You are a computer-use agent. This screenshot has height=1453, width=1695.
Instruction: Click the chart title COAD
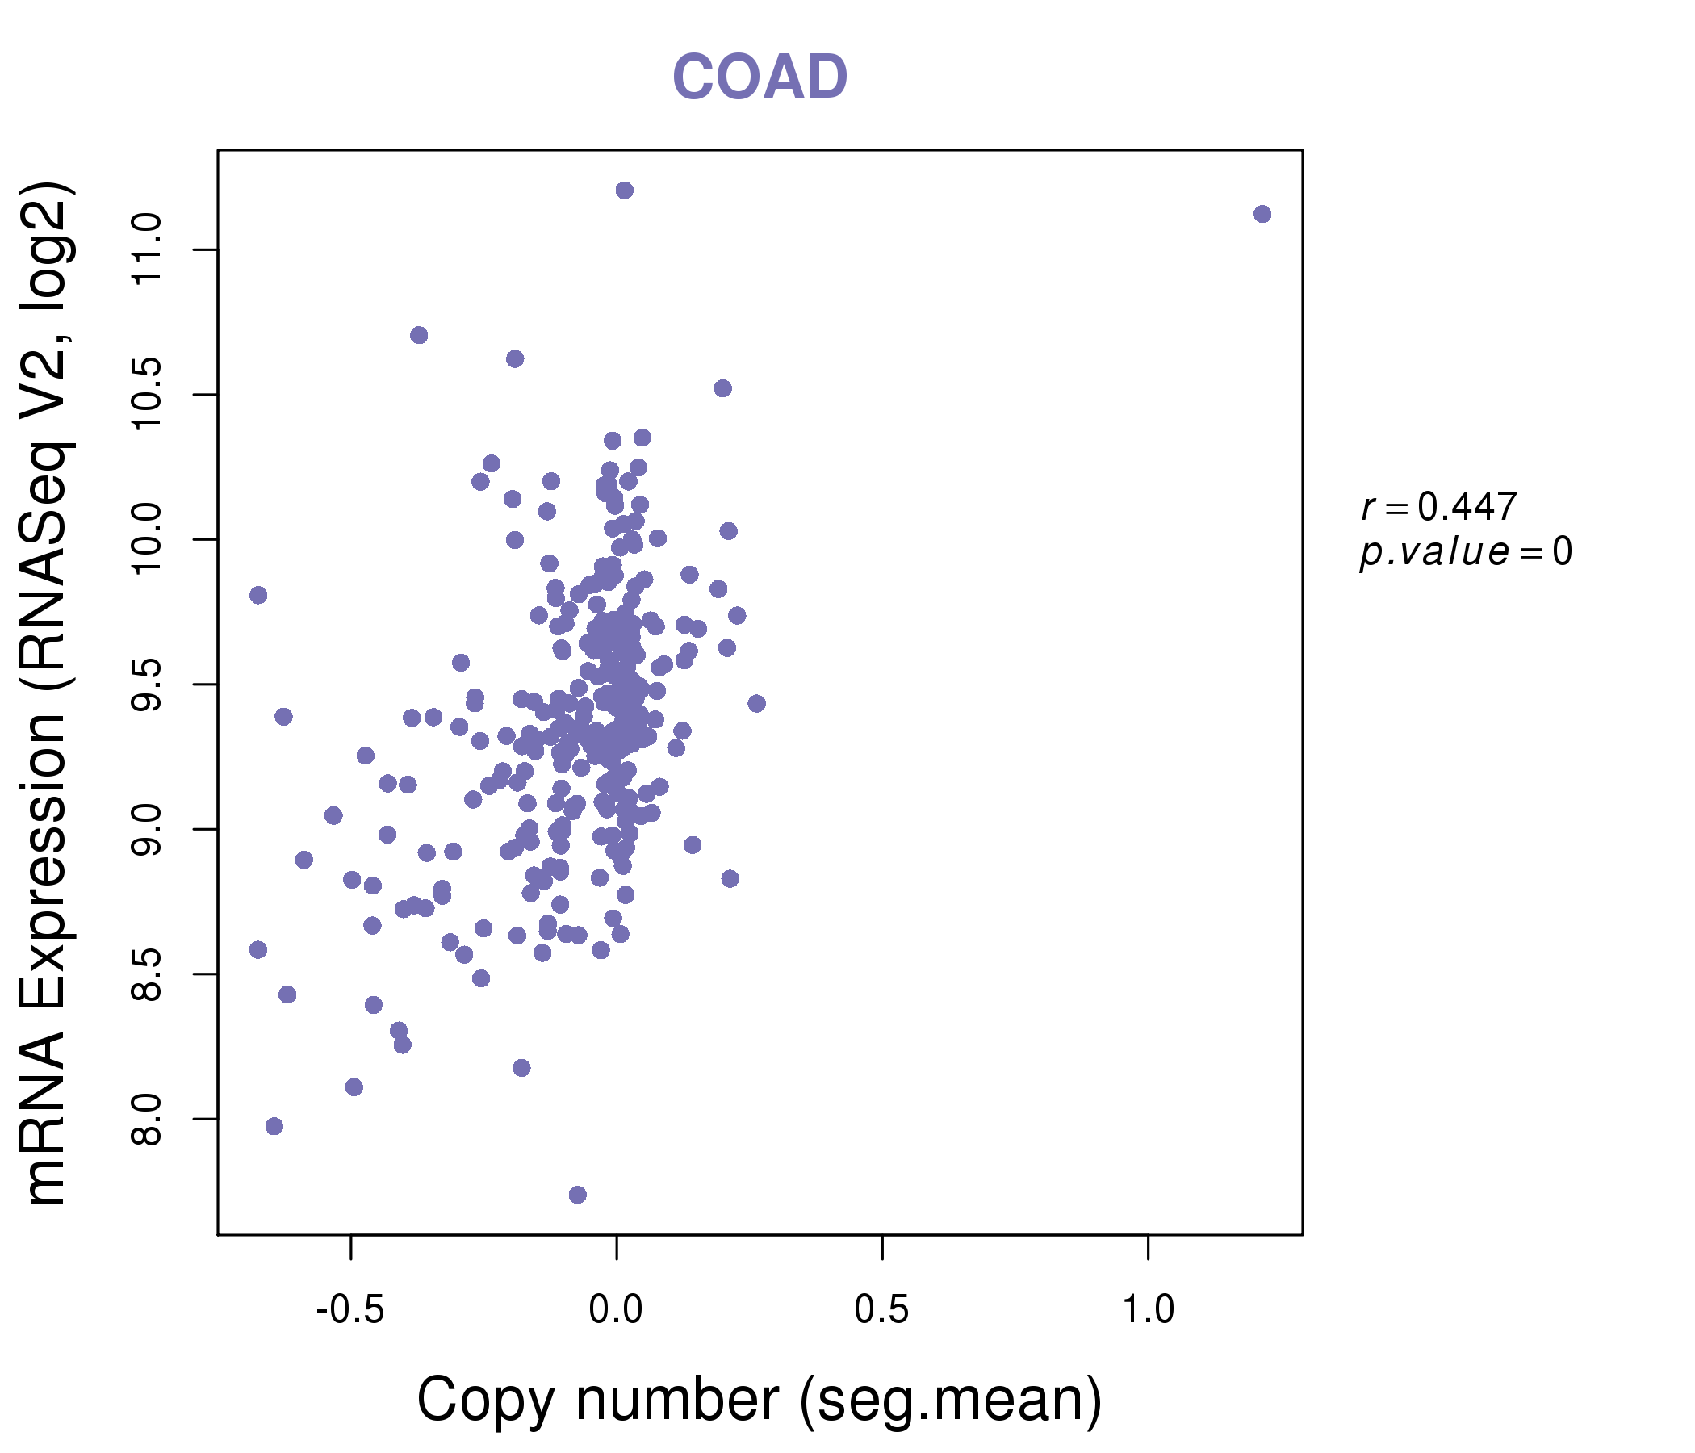click(x=760, y=77)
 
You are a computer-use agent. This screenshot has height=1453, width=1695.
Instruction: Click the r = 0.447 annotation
click(x=1439, y=507)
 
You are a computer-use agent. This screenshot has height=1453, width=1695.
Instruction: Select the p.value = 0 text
click(x=1466, y=552)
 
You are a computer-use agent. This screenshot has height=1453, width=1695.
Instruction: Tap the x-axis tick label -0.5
click(x=350, y=1310)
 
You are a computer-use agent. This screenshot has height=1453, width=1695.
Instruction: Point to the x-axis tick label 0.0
click(x=616, y=1310)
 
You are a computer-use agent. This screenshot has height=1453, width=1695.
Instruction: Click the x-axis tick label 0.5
click(x=882, y=1310)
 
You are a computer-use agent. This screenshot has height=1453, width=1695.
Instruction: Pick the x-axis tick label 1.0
click(x=1148, y=1310)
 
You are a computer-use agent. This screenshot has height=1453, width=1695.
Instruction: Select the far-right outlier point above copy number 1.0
click(x=1262, y=215)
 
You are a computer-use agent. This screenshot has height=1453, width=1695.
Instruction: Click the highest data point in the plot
click(x=624, y=191)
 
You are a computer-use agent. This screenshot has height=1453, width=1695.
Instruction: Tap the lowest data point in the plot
click(x=578, y=1195)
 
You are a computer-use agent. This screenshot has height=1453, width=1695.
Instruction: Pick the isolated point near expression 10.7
click(x=419, y=336)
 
